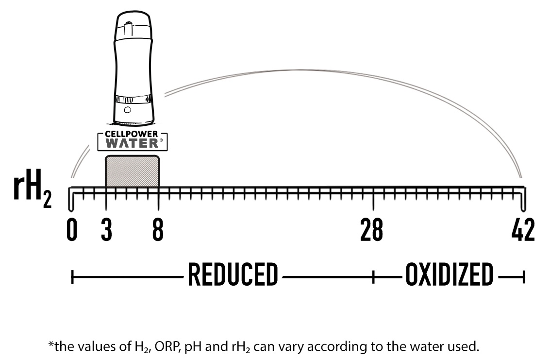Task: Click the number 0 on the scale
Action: [72, 230]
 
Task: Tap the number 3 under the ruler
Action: [106, 230]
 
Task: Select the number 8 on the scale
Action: [158, 230]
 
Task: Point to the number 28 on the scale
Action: [371, 230]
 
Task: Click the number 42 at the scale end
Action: [523, 230]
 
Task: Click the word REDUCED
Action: [233, 275]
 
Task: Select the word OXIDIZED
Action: [449, 275]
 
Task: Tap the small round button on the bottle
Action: [127, 110]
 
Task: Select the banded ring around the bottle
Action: [132, 100]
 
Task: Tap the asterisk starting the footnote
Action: [50, 345]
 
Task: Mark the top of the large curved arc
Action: [291, 71]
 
